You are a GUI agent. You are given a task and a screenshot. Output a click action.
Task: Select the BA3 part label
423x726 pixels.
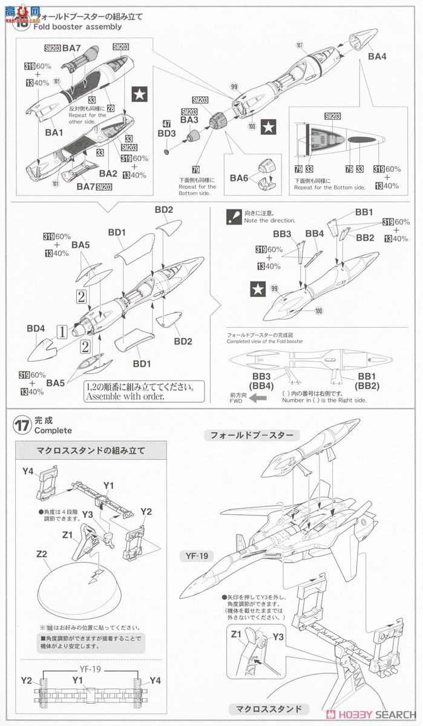(189, 120)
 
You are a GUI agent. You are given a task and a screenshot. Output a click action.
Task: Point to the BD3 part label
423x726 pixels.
(166, 133)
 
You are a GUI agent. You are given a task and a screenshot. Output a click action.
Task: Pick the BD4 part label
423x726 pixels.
(36, 329)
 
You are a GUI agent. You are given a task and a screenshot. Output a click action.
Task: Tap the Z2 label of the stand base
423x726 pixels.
(42, 554)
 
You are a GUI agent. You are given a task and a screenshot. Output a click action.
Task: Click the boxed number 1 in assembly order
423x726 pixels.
(61, 331)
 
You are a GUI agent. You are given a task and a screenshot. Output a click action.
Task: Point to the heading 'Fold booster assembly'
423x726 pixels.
(69, 27)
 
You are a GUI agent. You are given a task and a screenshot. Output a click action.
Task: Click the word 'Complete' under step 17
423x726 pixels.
(53, 431)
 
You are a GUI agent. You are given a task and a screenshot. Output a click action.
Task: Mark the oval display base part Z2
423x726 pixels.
(85, 584)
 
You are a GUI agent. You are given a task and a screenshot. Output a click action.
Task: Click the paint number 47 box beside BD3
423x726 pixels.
(166, 123)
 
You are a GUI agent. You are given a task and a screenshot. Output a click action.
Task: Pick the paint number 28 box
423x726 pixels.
(111, 108)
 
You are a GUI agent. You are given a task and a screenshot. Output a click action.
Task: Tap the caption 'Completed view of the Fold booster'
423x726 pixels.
(264, 341)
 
